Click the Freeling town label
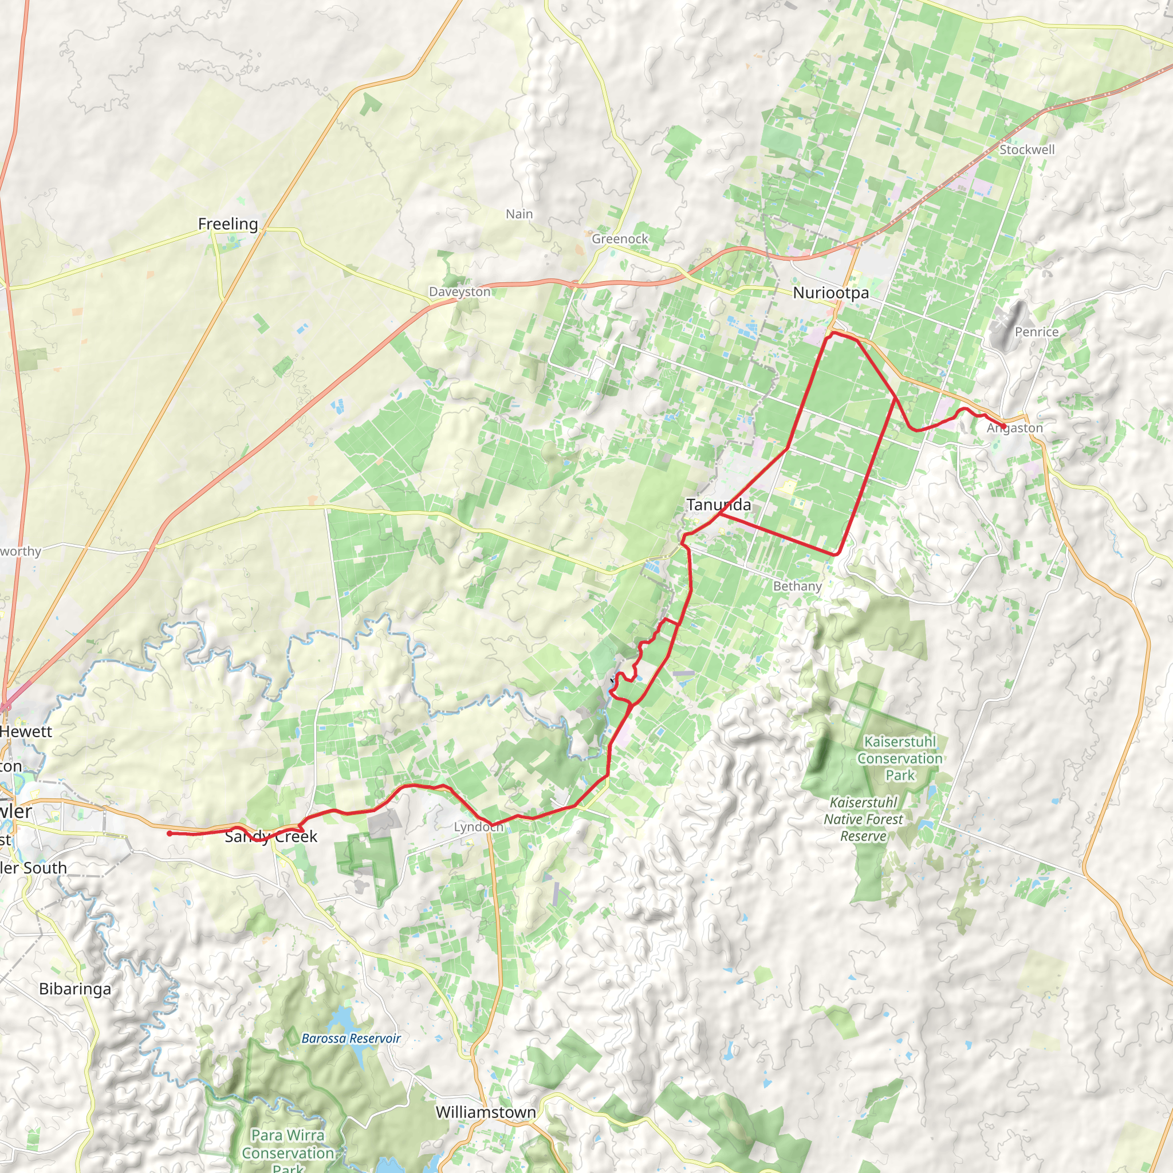coord(228,224)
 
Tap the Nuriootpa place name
coord(830,293)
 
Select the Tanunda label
coord(718,505)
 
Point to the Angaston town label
coord(1014,428)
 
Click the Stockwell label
coord(1027,149)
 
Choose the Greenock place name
coord(620,239)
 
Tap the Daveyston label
coord(459,292)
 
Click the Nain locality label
coord(519,214)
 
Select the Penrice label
coord(1036,332)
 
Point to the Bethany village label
coord(797,586)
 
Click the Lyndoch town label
coord(478,827)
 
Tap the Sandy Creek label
coord(271,837)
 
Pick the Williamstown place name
coord(486,1112)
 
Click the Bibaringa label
coord(75,989)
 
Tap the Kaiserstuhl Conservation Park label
coord(900,758)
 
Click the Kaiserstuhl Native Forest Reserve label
coord(863,819)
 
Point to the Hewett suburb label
coord(26,731)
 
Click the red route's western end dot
coord(170,833)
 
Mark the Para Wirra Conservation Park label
coord(288,1152)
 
